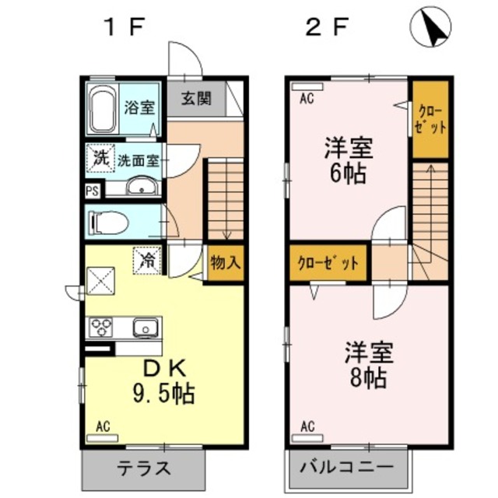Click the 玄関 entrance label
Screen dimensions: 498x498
(x=196, y=99)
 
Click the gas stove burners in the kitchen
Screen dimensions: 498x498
(x=100, y=326)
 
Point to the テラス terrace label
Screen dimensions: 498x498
(x=144, y=469)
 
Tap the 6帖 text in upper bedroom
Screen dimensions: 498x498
(x=347, y=173)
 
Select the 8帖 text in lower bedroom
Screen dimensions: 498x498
(x=369, y=379)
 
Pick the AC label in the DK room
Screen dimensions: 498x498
(x=103, y=426)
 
